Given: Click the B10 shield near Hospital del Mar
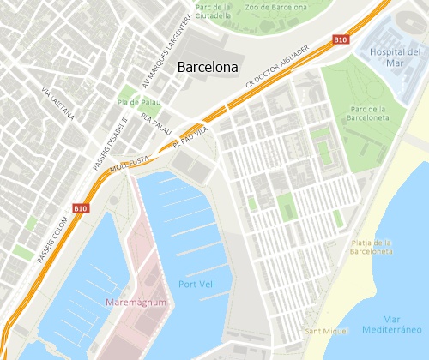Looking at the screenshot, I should pyautogui.click(x=341, y=39).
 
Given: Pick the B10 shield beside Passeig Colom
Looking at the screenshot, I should pyautogui.click(x=81, y=207).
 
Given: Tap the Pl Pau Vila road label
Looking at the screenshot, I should pyautogui.click(x=190, y=135).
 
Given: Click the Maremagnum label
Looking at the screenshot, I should pyautogui.click(x=136, y=303).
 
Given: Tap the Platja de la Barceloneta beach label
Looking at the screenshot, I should pyautogui.click(x=372, y=248).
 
